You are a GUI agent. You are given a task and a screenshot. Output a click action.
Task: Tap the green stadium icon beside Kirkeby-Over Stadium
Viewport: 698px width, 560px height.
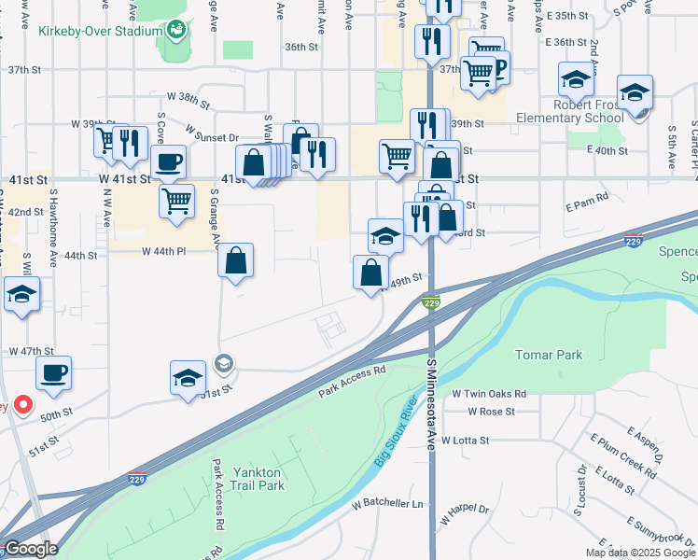(x=175, y=31)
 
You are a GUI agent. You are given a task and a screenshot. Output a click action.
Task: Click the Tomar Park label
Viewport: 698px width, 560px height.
(x=549, y=355)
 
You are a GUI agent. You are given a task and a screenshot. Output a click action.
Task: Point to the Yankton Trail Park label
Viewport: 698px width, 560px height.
(x=258, y=478)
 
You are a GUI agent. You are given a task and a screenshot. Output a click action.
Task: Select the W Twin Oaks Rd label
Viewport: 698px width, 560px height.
(x=490, y=394)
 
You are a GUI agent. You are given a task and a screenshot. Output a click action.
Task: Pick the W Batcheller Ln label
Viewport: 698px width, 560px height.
(x=387, y=504)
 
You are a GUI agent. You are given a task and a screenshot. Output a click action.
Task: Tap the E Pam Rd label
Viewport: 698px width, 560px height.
(x=587, y=197)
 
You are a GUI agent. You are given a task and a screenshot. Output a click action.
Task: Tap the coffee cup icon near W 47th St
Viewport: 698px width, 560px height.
(x=53, y=372)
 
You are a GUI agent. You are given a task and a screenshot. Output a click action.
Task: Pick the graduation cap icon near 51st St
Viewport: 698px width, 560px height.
(x=188, y=379)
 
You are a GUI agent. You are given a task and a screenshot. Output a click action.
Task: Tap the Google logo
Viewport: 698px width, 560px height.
(x=30, y=549)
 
